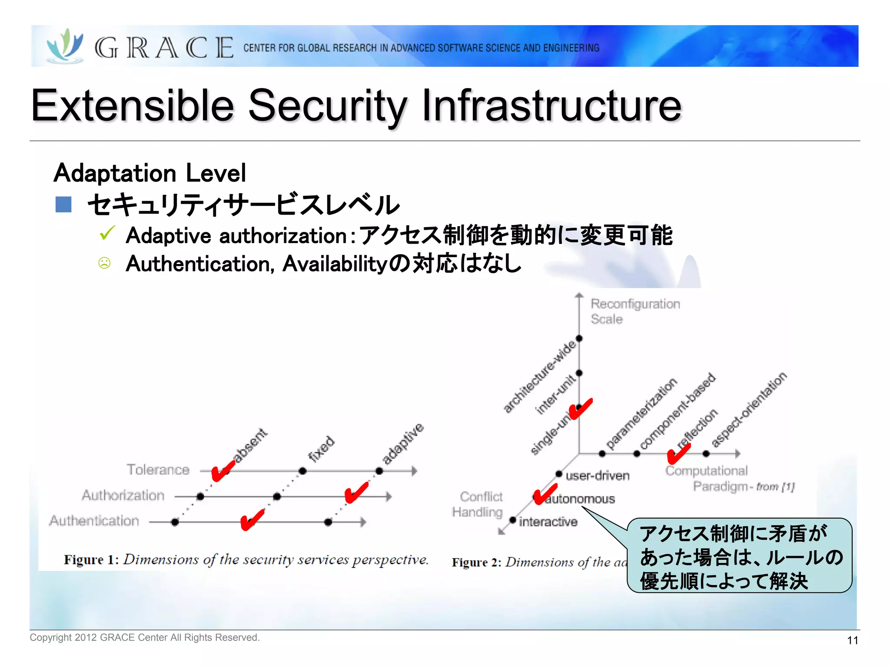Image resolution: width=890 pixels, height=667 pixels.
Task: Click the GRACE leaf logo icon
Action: pos(65,46)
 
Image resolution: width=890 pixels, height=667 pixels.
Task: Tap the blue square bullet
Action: pos(63,205)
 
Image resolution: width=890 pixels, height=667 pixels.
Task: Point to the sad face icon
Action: pos(104,263)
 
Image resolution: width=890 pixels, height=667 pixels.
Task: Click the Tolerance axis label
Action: pos(158,469)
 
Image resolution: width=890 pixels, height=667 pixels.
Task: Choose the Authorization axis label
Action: pos(123,495)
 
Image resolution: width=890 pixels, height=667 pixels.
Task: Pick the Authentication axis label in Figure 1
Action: pos(94,521)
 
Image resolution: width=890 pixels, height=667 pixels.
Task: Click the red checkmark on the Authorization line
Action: pos(356,493)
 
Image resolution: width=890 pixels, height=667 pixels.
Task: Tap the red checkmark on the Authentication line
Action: pos(252,519)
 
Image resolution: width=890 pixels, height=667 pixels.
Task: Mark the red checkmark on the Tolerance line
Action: pos(223,471)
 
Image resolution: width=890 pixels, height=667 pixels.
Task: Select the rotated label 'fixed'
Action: pos(321,449)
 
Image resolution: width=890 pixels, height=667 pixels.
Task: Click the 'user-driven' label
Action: pos(597,476)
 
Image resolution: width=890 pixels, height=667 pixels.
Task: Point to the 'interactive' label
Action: pos(548,522)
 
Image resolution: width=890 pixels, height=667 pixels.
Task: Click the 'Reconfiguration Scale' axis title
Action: pos(634,311)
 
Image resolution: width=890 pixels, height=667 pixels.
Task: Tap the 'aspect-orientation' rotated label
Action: pos(749,409)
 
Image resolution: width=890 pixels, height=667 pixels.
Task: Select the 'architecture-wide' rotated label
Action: pos(539,376)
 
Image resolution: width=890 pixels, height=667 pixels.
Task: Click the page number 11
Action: pos(852,640)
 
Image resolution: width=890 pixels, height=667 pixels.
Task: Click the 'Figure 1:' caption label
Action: pos(91,560)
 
